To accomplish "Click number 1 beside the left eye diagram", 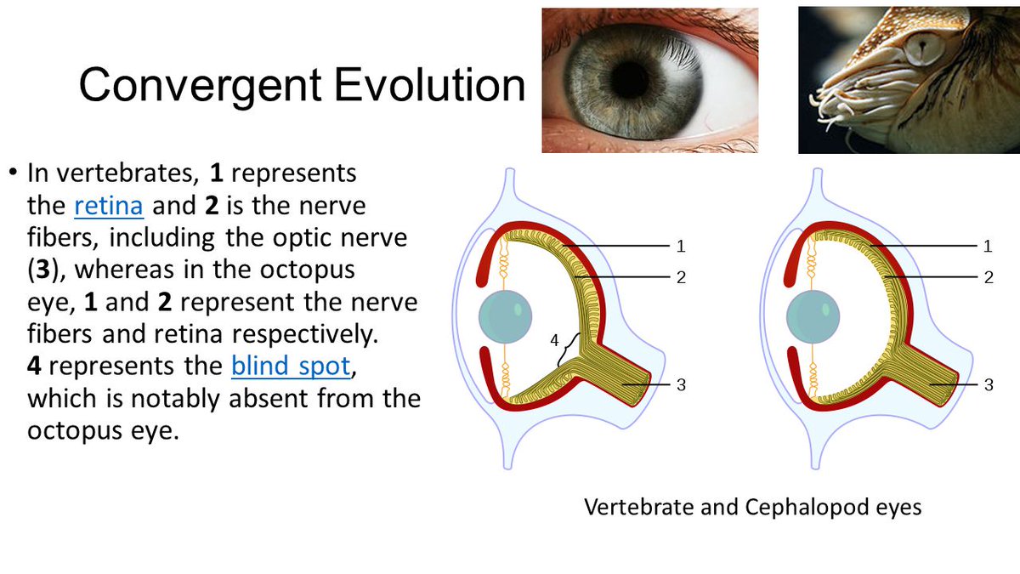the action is pyautogui.click(x=680, y=247).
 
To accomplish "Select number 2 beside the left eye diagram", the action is pyautogui.click(x=680, y=277).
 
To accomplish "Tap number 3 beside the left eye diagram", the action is pyautogui.click(x=680, y=385).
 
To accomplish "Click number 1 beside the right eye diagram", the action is pyautogui.click(x=988, y=247).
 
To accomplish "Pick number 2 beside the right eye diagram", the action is pyautogui.click(x=988, y=277).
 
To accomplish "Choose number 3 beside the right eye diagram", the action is pyautogui.click(x=988, y=385).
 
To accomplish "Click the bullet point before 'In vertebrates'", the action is pyautogui.click(x=14, y=174).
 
